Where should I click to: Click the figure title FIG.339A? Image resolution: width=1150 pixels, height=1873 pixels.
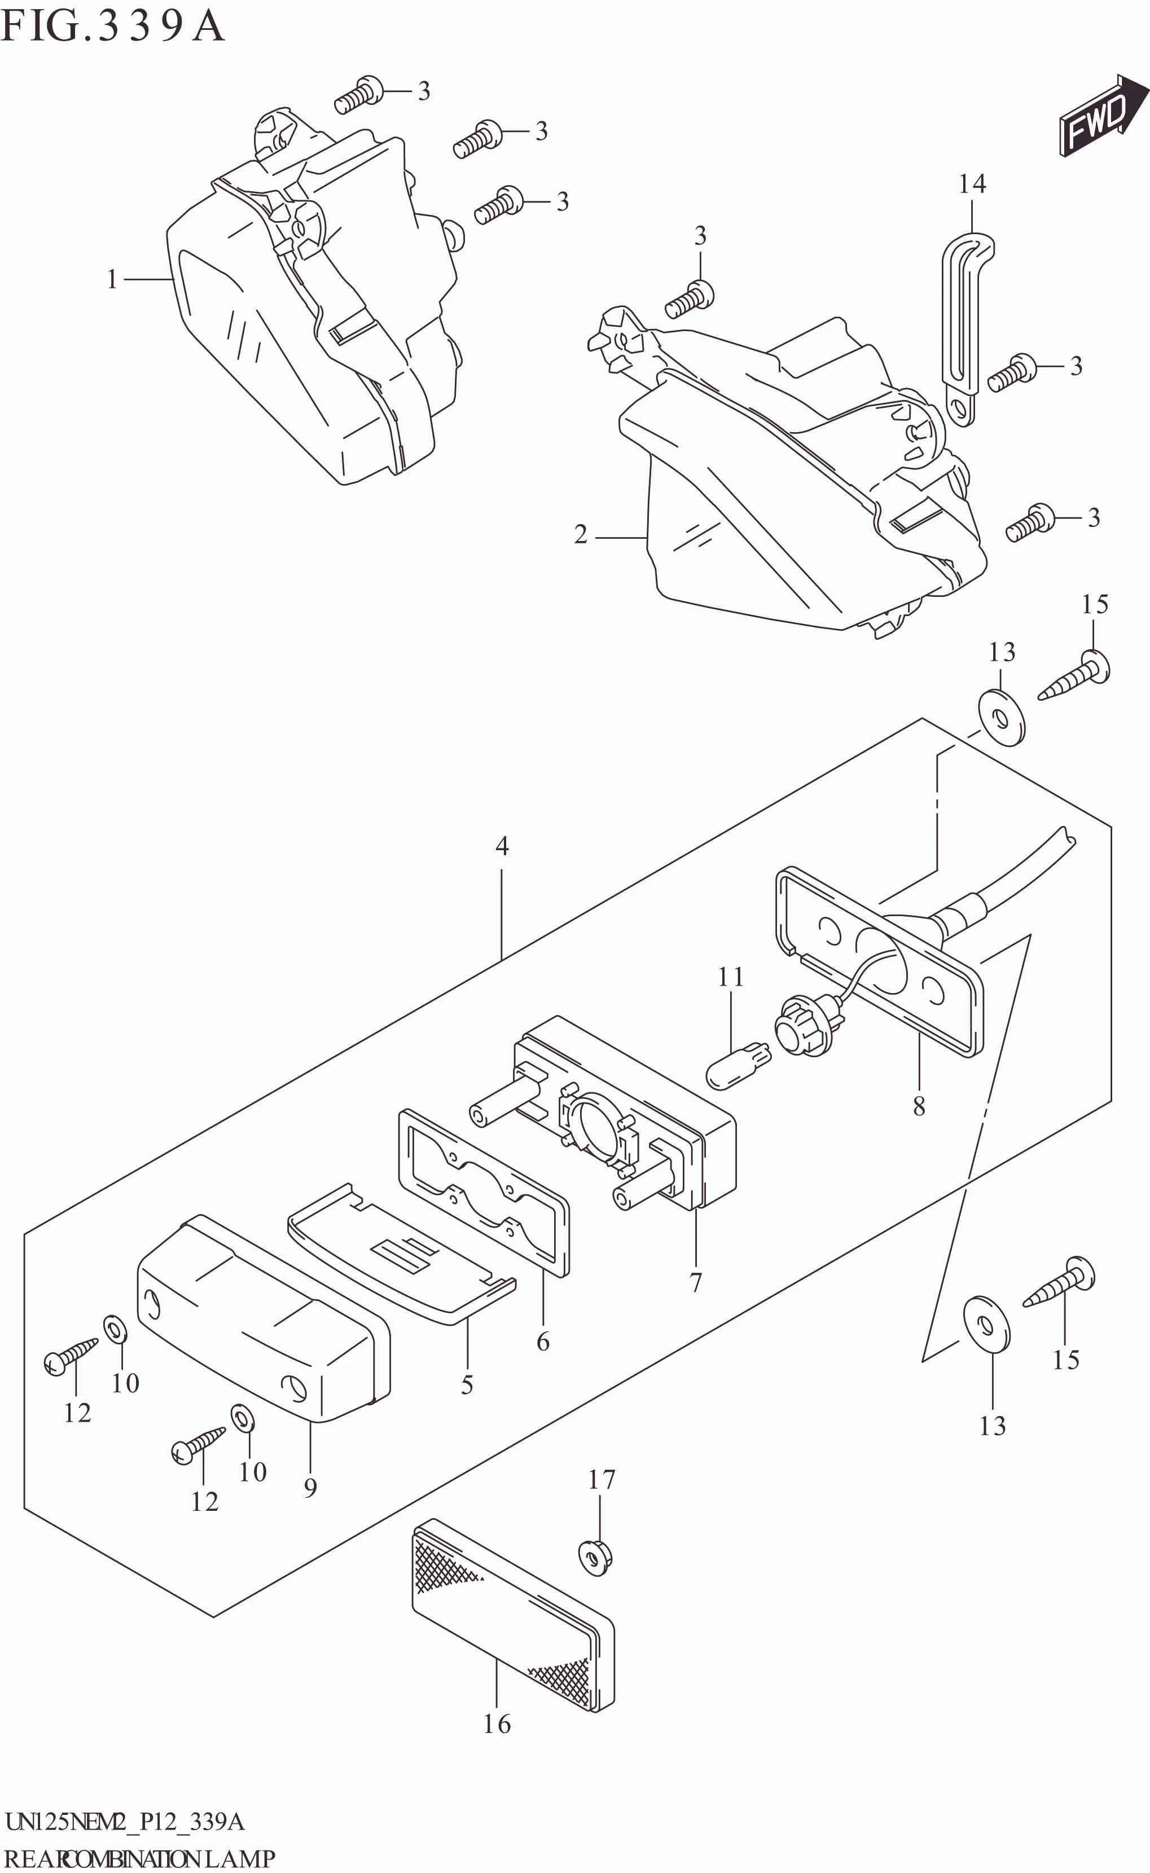click(112, 27)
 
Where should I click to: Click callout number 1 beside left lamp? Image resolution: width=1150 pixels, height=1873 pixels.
click(112, 280)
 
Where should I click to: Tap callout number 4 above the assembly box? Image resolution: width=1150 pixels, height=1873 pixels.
click(502, 846)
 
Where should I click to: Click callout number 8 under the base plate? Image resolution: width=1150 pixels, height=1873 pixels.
click(919, 1106)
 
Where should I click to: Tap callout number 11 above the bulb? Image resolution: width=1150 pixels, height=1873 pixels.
click(730, 977)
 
